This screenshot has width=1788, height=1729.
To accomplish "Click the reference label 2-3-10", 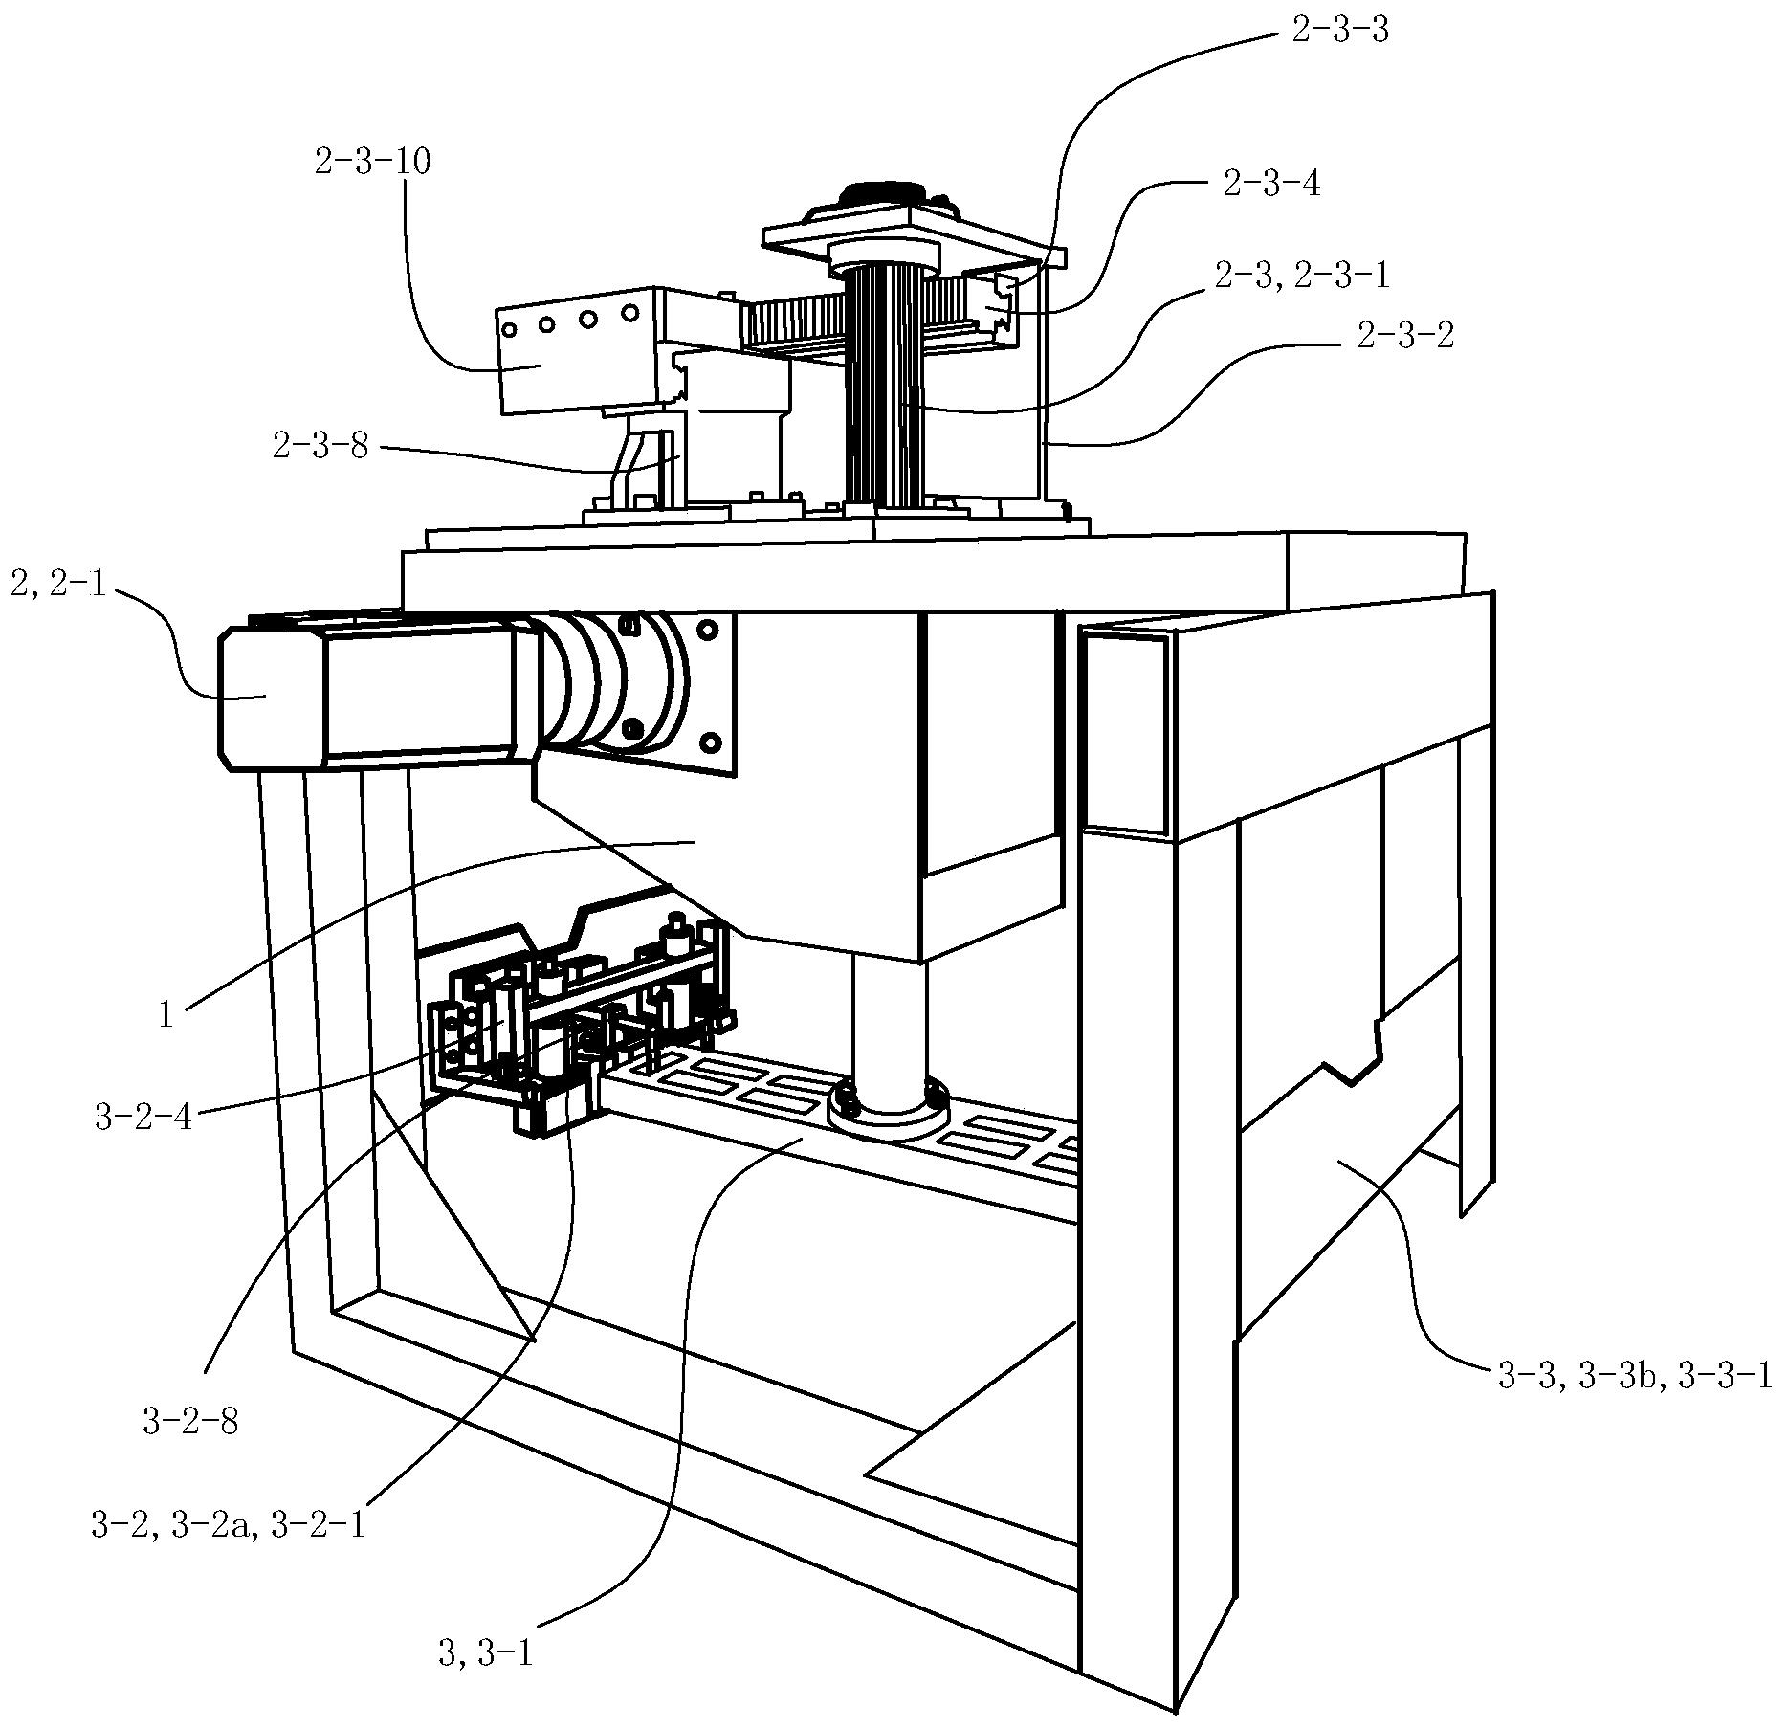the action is point(372,161).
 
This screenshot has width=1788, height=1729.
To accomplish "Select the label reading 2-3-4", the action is point(1271,182).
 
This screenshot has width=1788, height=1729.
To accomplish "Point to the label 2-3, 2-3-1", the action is point(1302,276).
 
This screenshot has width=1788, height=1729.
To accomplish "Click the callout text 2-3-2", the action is point(1405,335).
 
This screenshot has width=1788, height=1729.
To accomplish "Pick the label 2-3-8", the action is point(320,445).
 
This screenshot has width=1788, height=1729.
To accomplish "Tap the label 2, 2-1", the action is point(58,583).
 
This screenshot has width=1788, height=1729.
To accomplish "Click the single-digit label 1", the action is point(166,1014).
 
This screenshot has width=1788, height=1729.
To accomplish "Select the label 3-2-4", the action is point(143,1117).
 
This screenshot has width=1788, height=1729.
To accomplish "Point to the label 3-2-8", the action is point(190,1423).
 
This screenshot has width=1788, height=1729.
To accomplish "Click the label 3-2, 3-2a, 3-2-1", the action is point(229,1525).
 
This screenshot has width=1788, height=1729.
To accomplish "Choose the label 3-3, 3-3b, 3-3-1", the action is point(1632,1376).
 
